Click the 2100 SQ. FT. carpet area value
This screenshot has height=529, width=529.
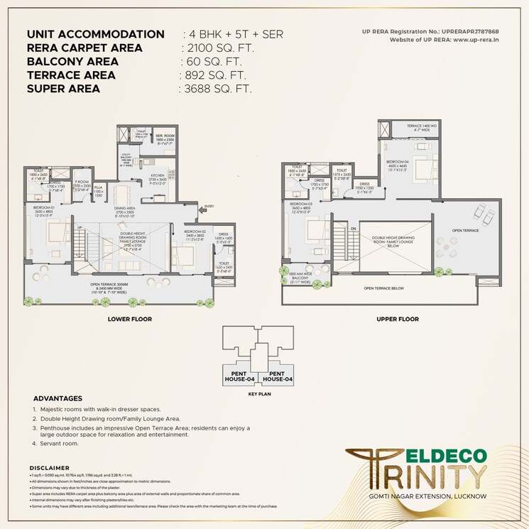pos(218,48)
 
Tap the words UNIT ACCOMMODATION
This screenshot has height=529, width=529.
pos(95,34)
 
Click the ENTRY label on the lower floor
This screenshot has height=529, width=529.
pos(208,207)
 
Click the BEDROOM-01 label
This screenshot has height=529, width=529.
pos(44,207)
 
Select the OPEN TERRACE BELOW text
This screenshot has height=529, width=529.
pos(384,289)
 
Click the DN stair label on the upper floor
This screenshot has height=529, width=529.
pos(353,227)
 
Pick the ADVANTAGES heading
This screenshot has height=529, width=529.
pos(58,398)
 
